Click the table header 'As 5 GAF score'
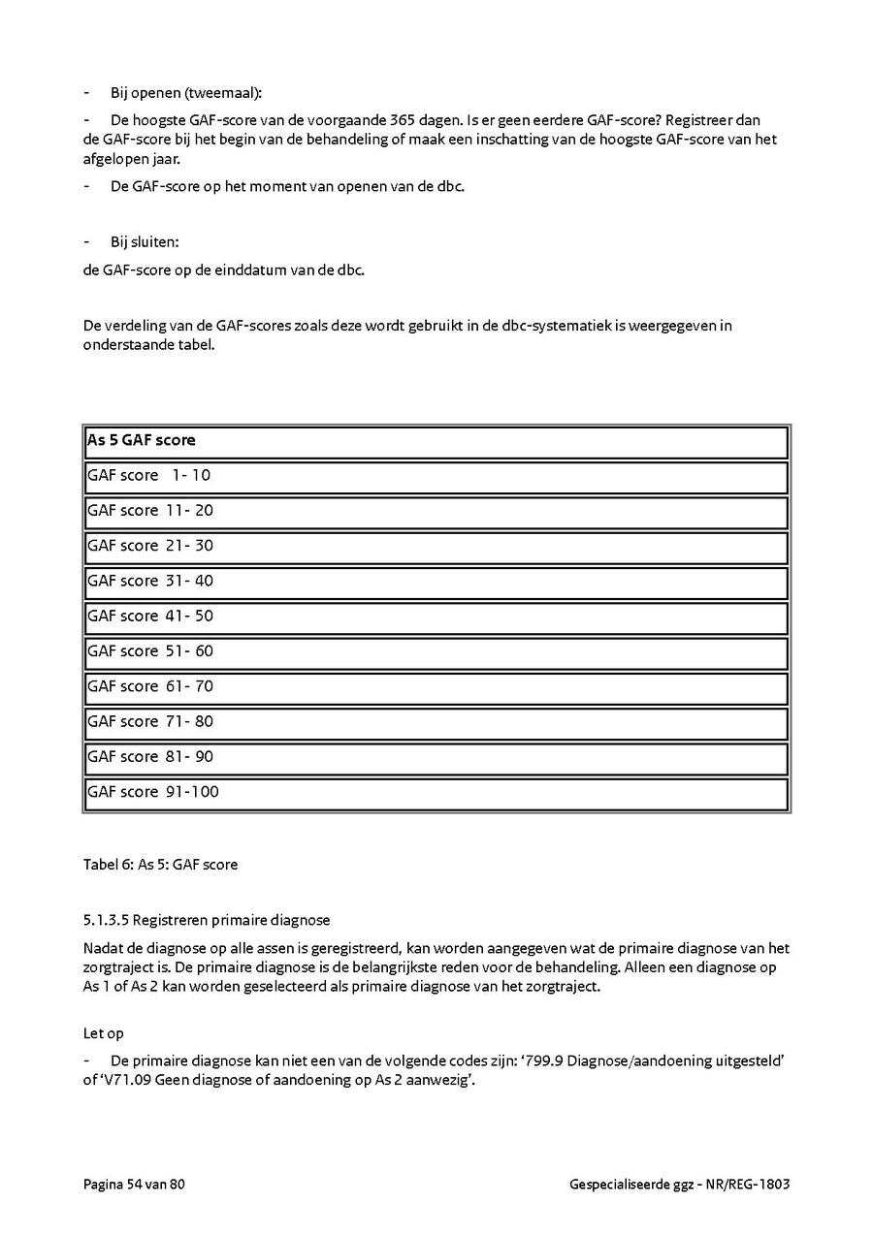click(142, 440)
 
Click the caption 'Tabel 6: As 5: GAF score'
click(160, 864)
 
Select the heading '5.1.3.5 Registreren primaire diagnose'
click(207, 919)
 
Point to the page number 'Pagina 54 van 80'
click(134, 1185)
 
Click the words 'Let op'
click(104, 1033)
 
